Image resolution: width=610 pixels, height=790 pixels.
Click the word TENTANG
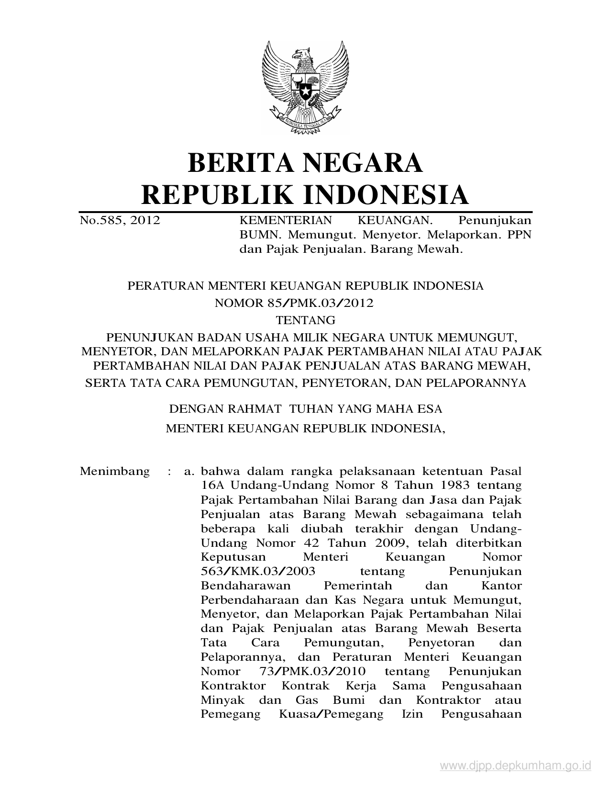[305, 319]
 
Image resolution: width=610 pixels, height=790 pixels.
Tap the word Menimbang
[115, 471]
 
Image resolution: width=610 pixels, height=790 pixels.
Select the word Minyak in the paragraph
[222, 700]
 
